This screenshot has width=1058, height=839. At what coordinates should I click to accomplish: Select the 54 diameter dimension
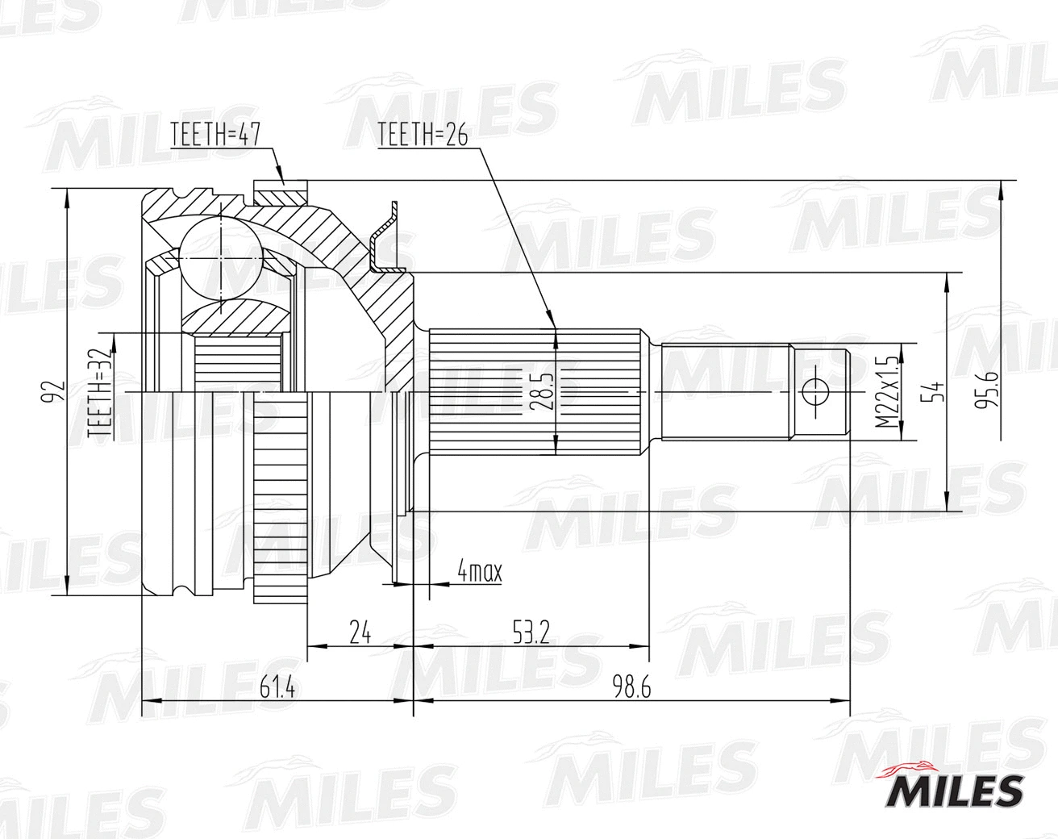click(936, 393)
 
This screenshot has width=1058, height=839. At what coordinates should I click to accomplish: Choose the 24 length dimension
click(360, 632)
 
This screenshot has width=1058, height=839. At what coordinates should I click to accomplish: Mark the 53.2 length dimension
click(530, 632)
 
